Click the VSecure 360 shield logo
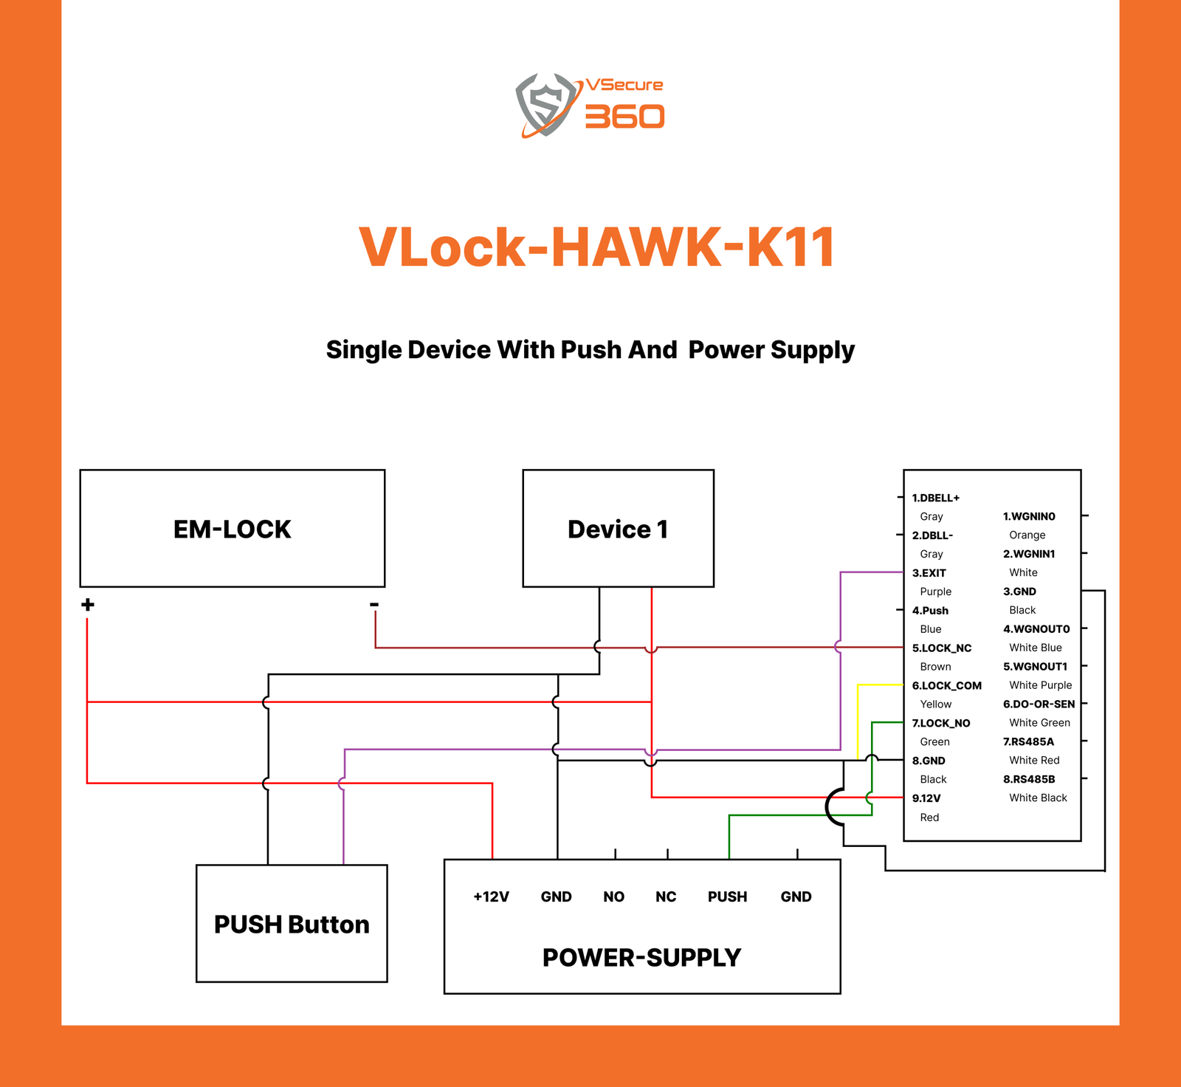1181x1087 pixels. (x=546, y=104)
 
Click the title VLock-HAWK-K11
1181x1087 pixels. (x=596, y=247)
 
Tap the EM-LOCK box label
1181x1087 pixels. (x=232, y=529)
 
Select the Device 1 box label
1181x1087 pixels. (x=618, y=529)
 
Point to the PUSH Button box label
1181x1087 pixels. (x=292, y=925)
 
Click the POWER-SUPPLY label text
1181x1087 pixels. (x=641, y=958)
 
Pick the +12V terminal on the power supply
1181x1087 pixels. (x=492, y=896)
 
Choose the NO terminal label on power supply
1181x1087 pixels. (x=613, y=896)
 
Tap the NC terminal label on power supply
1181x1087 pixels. (x=666, y=896)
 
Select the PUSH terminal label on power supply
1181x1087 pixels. (x=727, y=896)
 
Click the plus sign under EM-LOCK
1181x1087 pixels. (x=88, y=605)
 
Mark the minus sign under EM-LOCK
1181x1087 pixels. (x=374, y=605)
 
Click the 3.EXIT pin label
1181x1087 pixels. (x=929, y=573)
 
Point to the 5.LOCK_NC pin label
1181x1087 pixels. (x=941, y=648)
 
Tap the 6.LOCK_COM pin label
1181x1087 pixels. (x=946, y=686)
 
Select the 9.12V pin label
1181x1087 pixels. (x=926, y=798)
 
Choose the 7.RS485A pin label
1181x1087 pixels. (x=1028, y=741)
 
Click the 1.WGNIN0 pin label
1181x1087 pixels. (x=1029, y=516)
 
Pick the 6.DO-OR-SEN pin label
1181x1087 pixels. (x=1039, y=704)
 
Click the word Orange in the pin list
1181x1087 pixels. (x=1027, y=535)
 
